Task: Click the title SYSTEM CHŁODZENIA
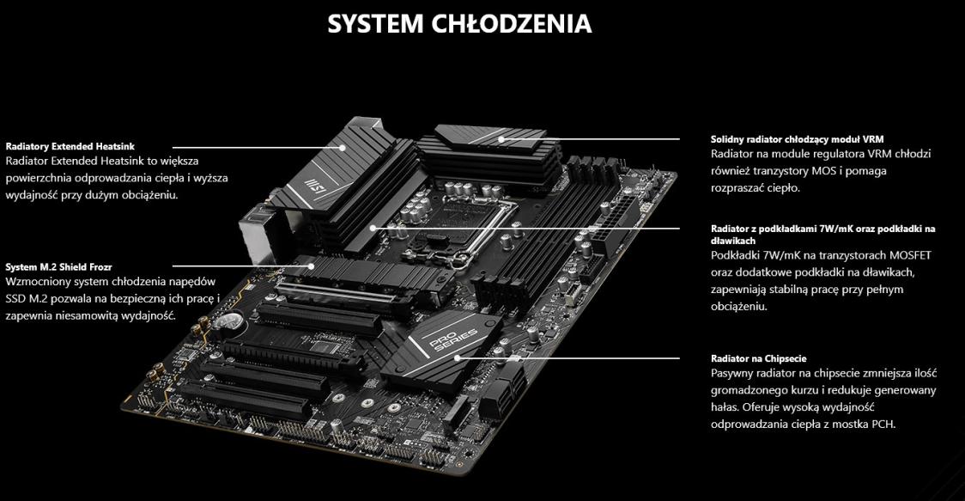pyautogui.click(x=459, y=24)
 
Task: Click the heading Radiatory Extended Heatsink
pyautogui.click(x=70, y=147)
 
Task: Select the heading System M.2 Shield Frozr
pyautogui.click(x=58, y=267)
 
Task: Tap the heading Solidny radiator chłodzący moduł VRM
pyautogui.click(x=797, y=139)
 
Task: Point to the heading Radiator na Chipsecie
pyautogui.click(x=758, y=358)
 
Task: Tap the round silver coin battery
pyautogui.click(x=232, y=319)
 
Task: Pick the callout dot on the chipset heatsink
pyautogui.click(x=458, y=357)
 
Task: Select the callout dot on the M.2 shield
pyautogui.click(x=312, y=267)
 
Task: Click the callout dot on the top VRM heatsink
pyautogui.click(x=501, y=139)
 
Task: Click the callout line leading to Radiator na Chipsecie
pyautogui.click(x=568, y=357)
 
